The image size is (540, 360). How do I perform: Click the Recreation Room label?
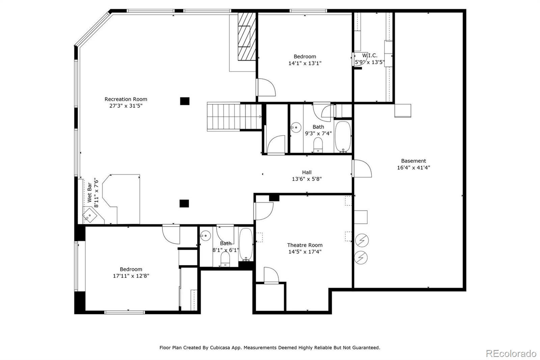pyautogui.click(x=126, y=99)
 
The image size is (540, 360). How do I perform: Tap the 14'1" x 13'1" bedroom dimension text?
pyautogui.click(x=305, y=63)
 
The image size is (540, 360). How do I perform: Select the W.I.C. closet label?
pyautogui.click(x=370, y=55)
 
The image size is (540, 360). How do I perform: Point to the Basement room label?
pyautogui.click(x=413, y=161)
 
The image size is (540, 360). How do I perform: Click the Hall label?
pyautogui.click(x=307, y=172)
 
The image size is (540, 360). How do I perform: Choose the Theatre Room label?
pyautogui.click(x=305, y=245)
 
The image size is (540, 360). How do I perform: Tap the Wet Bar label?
pyautogui.click(x=89, y=192)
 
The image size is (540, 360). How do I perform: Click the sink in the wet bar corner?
pyautogui.click(x=90, y=215)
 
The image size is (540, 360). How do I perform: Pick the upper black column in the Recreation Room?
pyautogui.click(x=185, y=101)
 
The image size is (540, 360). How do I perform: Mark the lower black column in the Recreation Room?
pyautogui.click(x=184, y=203)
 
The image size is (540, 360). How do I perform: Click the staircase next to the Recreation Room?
pyautogui.click(x=234, y=117)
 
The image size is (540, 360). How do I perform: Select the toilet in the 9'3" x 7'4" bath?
pyautogui.click(x=318, y=145)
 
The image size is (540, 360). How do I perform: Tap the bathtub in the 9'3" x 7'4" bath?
pyautogui.click(x=343, y=137)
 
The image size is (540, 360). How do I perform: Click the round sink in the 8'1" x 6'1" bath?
pyautogui.click(x=206, y=235)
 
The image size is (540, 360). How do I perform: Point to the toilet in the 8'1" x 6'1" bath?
pyautogui.click(x=225, y=259)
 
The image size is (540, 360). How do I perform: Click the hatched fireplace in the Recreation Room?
pyautogui.click(x=247, y=36)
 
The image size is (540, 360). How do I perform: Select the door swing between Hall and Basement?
pyautogui.click(x=362, y=169)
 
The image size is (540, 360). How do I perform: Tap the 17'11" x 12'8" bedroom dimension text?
pyautogui.click(x=131, y=276)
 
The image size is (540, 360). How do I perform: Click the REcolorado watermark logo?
pyautogui.click(x=511, y=354)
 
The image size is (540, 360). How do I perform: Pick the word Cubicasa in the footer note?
pyautogui.click(x=220, y=348)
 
